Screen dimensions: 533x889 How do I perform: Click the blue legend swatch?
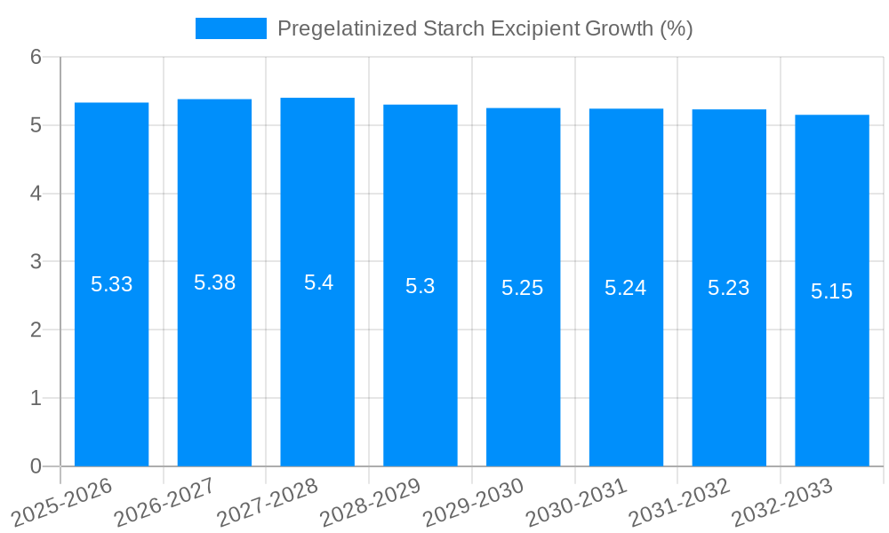230,28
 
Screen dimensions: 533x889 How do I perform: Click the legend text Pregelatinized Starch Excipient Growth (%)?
485,28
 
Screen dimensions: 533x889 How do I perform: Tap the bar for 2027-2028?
317,373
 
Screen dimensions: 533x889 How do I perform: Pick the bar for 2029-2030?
523,373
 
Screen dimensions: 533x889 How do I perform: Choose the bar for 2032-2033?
831,373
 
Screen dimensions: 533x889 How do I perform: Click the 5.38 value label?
214,282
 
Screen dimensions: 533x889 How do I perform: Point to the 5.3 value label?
420,286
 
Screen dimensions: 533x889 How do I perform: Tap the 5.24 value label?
626,288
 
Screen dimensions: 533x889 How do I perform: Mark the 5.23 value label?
729,288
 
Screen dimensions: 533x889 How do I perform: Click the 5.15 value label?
831,291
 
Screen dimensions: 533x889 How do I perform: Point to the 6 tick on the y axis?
36,57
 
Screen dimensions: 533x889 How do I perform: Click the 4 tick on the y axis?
36,194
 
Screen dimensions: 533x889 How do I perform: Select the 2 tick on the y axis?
36,330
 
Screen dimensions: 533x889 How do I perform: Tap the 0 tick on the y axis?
36,466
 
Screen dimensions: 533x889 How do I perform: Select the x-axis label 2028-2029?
370,502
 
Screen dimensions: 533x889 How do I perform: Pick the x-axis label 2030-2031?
576,502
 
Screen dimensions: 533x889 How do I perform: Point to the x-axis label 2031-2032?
678,502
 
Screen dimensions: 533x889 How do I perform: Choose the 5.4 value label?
317,282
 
